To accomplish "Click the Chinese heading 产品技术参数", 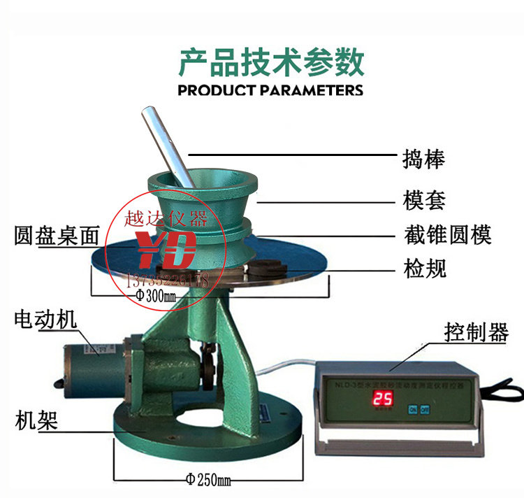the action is (x=271, y=63).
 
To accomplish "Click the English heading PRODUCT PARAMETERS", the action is (x=270, y=90).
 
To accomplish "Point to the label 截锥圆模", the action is (x=447, y=234).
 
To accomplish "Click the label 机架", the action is (x=36, y=421).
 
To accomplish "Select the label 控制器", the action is (x=476, y=333).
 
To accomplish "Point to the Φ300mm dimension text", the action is (x=159, y=296).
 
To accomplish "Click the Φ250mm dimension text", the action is (x=208, y=480).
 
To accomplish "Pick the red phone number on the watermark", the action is (x=168, y=280).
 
